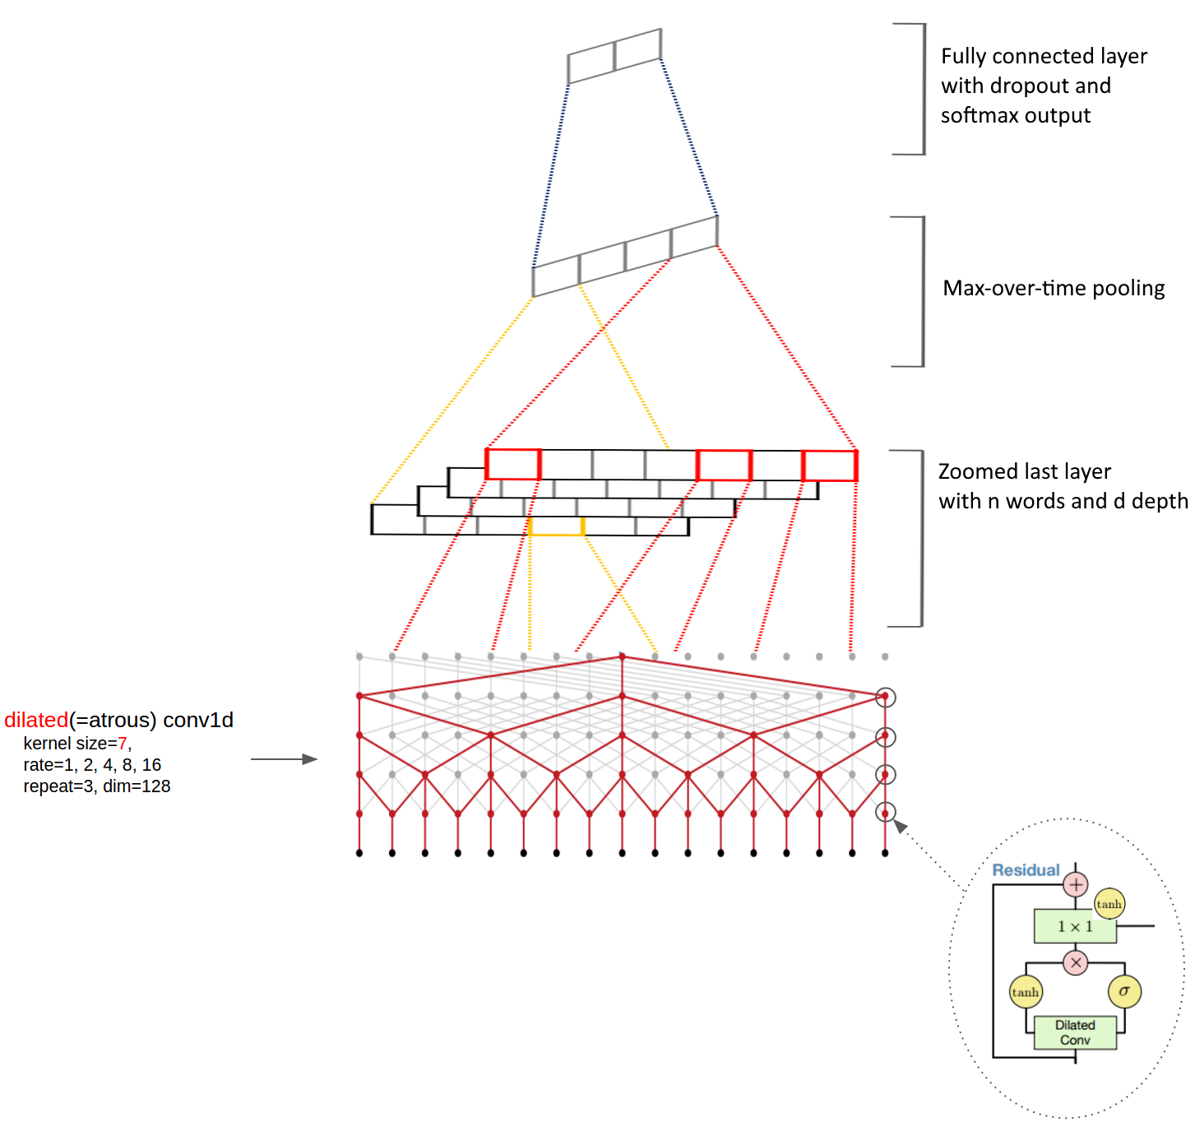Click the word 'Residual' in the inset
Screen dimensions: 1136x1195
(1026, 870)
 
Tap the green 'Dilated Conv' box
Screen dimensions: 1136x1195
(1075, 1032)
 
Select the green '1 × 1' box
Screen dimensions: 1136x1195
(1075, 926)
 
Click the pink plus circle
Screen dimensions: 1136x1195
(1076, 885)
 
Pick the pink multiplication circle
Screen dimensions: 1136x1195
(1076, 962)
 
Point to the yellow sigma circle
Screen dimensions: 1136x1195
(1124, 991)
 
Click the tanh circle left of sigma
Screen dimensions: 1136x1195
(1026, 992)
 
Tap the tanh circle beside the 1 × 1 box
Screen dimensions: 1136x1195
(1109, 904)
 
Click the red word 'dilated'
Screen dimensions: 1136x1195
(36, 720)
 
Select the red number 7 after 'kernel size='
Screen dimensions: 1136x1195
(123, 744)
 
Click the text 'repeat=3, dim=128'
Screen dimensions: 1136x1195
(97, 786)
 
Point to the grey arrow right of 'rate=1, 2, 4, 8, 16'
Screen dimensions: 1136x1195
(284, 759)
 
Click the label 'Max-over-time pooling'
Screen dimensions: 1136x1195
(1054, 288)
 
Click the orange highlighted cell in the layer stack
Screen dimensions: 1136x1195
(556, 526)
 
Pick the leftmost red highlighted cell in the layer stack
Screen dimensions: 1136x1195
(512, 465)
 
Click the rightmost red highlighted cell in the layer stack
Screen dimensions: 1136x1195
(829, 466)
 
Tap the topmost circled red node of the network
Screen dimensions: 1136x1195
(885, 697)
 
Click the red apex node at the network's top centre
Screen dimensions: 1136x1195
(622, 656)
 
